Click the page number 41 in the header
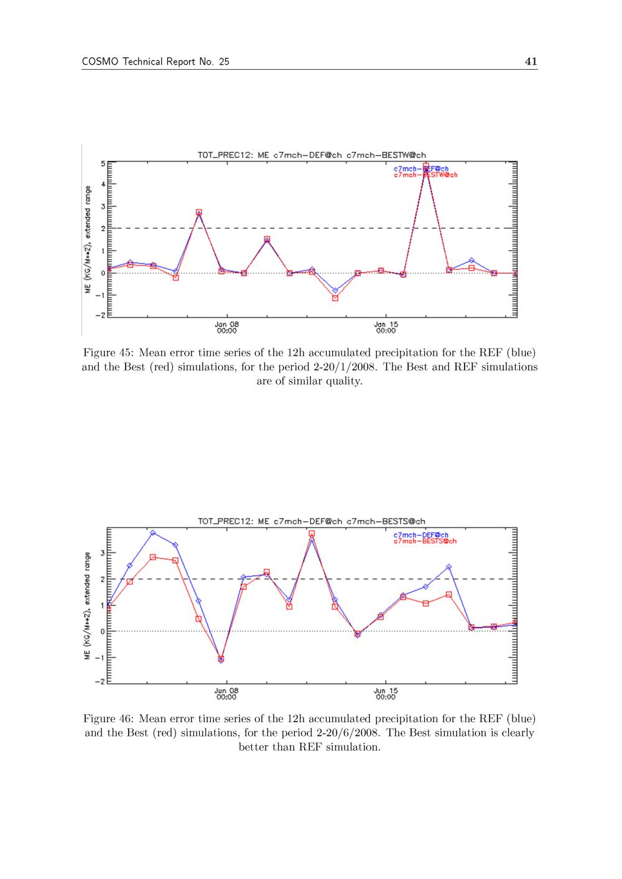531,61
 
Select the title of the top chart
312,155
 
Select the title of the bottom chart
312,521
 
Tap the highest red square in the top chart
425,167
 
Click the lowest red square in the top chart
335,298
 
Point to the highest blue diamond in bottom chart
152,533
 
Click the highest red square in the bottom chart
312,534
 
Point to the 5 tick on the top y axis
102,163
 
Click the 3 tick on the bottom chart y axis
102,553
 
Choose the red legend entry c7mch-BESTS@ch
425,541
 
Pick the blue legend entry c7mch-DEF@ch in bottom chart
421,535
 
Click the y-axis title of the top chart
89,240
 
